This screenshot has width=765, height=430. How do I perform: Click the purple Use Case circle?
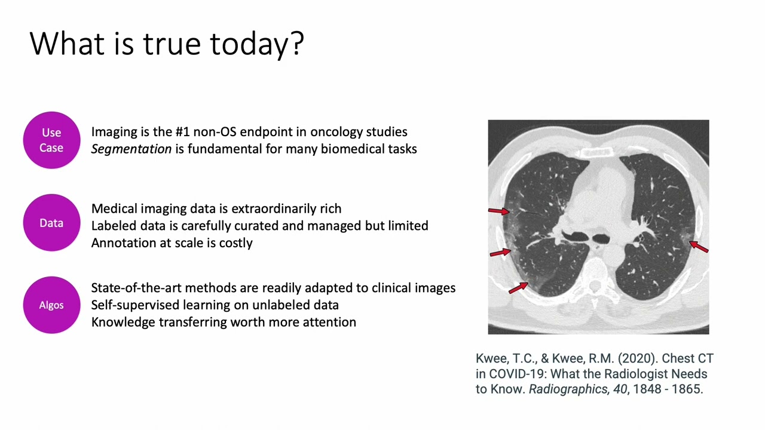point(51,140)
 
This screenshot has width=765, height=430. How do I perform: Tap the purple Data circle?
point(51,223)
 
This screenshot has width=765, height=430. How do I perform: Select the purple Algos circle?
point(51,305)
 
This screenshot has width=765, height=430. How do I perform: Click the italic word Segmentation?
point(131,149)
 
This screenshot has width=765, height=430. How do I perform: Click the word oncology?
point(335,132)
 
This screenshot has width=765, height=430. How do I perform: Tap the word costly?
point(236,243)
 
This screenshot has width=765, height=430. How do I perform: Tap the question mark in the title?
point(298,44)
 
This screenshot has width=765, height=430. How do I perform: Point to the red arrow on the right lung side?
point(699,247)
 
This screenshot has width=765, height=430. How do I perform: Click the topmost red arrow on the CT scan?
point(498,210)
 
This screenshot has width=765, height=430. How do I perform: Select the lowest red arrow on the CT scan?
point(518,287)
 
